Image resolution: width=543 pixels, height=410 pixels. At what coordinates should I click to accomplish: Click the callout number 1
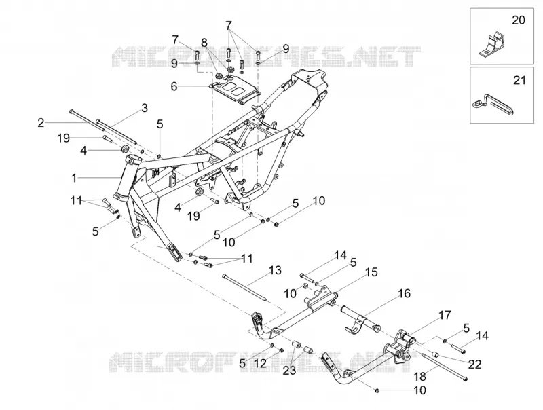(74, 178)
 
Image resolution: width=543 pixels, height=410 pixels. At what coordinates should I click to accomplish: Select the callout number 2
(41, 123)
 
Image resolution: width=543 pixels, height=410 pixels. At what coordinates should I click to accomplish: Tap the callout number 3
(145, 108)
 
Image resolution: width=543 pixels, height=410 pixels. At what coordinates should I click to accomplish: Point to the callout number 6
(174, 86)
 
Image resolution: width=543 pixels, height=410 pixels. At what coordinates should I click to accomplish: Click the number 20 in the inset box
(519, 20)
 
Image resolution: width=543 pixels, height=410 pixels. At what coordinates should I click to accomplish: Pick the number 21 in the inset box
(519, 80)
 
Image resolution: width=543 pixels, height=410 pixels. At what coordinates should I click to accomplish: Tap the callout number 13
(276, 270)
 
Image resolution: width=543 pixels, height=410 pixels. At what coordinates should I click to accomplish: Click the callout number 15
(371, 272)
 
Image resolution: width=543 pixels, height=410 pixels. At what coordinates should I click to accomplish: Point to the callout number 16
(404, 293)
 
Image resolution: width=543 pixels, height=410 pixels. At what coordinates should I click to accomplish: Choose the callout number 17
(445, 315)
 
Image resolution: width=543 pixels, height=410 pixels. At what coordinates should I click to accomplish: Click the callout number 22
(474, 365)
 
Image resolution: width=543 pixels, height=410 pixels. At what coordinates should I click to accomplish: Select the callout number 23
(290, 371)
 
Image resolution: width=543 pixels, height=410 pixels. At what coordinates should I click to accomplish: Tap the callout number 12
(261, 363)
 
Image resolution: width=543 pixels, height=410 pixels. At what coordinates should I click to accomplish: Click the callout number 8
(204, 43)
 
